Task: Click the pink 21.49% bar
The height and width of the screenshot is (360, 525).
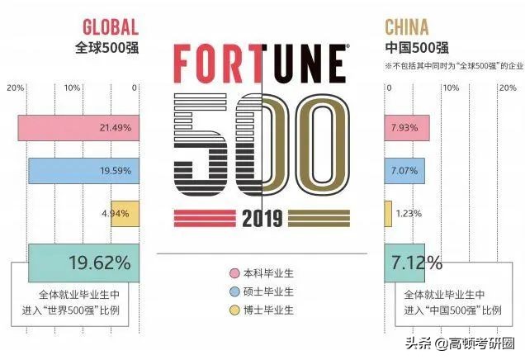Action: click(x=78, y=128)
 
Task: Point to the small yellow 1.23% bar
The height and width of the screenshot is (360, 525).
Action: click(x=388, y=214)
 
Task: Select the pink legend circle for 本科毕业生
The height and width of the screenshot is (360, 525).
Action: click(x=234, y=272)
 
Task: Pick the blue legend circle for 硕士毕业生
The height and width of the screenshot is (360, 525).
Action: click(x=234, y=291)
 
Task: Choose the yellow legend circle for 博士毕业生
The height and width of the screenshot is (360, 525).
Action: click(x=234, y=310)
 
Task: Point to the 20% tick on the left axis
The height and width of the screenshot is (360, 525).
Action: click(x=14, y=88)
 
